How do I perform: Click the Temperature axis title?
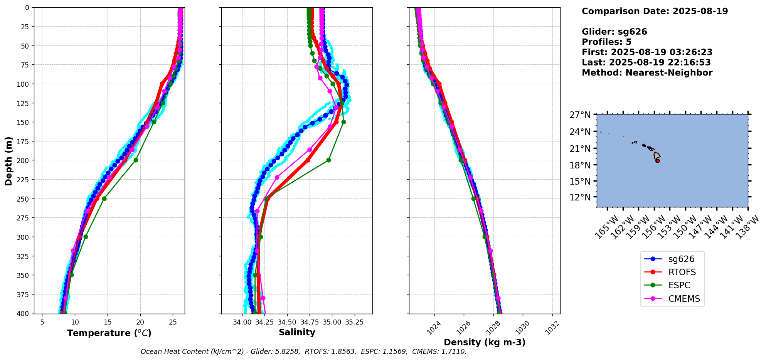109,333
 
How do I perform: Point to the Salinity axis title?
297,332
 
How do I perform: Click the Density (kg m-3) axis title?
485,342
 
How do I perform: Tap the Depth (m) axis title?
8,161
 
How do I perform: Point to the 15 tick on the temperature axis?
108,321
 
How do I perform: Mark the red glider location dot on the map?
658,161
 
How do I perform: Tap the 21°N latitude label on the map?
580,148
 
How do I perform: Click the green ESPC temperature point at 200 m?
136,160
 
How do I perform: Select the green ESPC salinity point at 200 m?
328,160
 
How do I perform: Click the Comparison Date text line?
655,11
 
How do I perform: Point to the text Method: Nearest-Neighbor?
647,73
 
